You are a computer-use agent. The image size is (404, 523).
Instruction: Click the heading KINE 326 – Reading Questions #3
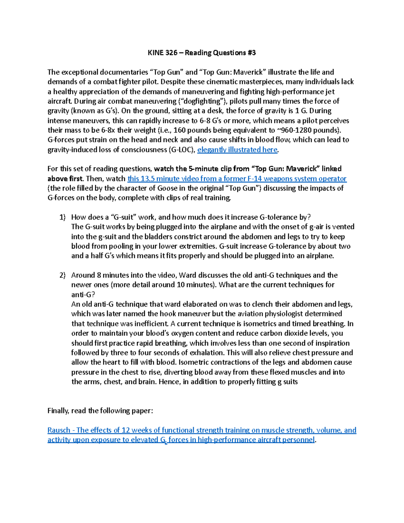pyautogui.click(x=202, y=53)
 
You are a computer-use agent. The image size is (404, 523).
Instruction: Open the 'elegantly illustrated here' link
pyautogui.click(x=237, y=150)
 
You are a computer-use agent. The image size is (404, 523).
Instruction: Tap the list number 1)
pyautogui.click(x=63, y=218)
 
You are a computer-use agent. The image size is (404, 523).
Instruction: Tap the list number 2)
pyautogui.click(x=63, y=275)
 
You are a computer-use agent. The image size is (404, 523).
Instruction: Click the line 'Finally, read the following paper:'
pyautogui.click(x=100, y=411)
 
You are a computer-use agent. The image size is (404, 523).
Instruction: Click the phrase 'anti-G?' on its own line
pyautogui.click(x=81, y=295)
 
